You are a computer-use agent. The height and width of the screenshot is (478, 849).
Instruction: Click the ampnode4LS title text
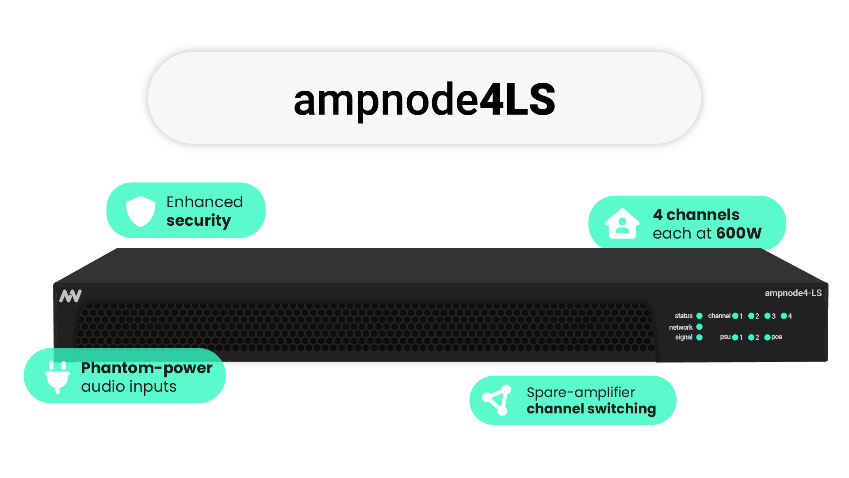[424, 100]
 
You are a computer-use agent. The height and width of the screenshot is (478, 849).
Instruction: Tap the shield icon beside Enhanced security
[141, 211]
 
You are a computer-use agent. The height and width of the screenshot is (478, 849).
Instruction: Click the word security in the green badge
[199, 220]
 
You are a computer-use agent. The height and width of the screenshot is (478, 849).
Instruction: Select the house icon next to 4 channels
[622, 224]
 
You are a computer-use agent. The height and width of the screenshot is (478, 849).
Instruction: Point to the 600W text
[739, 233]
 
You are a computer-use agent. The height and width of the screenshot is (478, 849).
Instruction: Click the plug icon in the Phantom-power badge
[57, 377]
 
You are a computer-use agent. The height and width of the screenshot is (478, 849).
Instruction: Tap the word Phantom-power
[147, 368]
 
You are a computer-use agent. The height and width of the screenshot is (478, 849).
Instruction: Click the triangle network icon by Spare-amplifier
[497, 400]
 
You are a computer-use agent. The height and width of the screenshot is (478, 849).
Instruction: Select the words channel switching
[591, 409]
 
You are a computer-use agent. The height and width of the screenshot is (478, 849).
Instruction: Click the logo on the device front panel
[71, 296]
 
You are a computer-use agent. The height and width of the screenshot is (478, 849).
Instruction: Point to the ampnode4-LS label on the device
[793, 293]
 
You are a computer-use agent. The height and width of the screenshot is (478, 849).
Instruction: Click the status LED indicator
[700, 316]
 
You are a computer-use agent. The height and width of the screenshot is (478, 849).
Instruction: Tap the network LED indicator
[700, 327]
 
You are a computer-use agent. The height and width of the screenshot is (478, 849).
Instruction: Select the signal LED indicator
[700, 337]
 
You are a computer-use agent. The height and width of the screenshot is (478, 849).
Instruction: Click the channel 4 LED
[784, 316]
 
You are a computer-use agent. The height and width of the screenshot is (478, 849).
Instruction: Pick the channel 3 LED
[767, 316]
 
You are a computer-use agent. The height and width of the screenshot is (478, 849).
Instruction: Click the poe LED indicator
[767, 337]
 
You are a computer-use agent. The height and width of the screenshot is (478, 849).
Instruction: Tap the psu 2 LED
[751, 337]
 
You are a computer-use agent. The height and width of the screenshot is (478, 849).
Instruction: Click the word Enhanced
[205, 202]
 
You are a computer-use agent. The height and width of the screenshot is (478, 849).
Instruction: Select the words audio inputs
[129, 386]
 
